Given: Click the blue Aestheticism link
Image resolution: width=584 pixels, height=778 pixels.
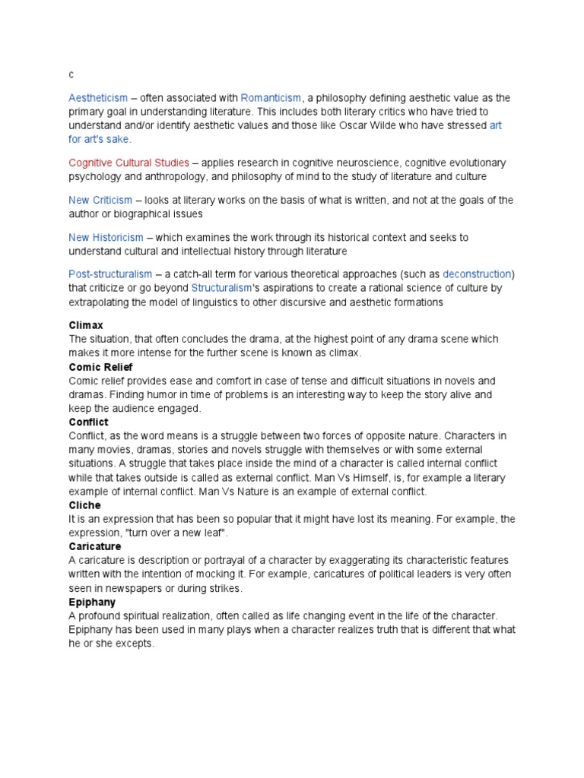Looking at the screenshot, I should coord(98,98).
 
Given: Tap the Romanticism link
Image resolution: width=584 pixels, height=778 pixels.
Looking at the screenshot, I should coord(271,98).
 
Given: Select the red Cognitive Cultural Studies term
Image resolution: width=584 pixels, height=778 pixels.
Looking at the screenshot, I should coord(129,163).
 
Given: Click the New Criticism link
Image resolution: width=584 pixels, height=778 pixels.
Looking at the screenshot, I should coord(100,200).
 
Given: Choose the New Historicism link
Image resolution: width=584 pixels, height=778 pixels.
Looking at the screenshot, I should coord(106,238).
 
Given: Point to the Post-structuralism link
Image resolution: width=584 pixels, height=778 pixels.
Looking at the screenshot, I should coord(110,274).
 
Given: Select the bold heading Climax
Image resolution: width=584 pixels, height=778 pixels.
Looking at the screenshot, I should coord(86,325).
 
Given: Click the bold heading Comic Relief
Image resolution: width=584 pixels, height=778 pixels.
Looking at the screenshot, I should coord(100,367).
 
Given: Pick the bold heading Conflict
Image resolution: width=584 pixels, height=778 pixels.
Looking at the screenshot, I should coord(88,422).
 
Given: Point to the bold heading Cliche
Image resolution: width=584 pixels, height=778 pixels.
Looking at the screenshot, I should coord(84,505).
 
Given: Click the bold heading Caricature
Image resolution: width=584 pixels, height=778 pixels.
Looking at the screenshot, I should coord(94,546).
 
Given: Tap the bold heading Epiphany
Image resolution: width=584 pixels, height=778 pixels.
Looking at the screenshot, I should coord(92,602).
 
